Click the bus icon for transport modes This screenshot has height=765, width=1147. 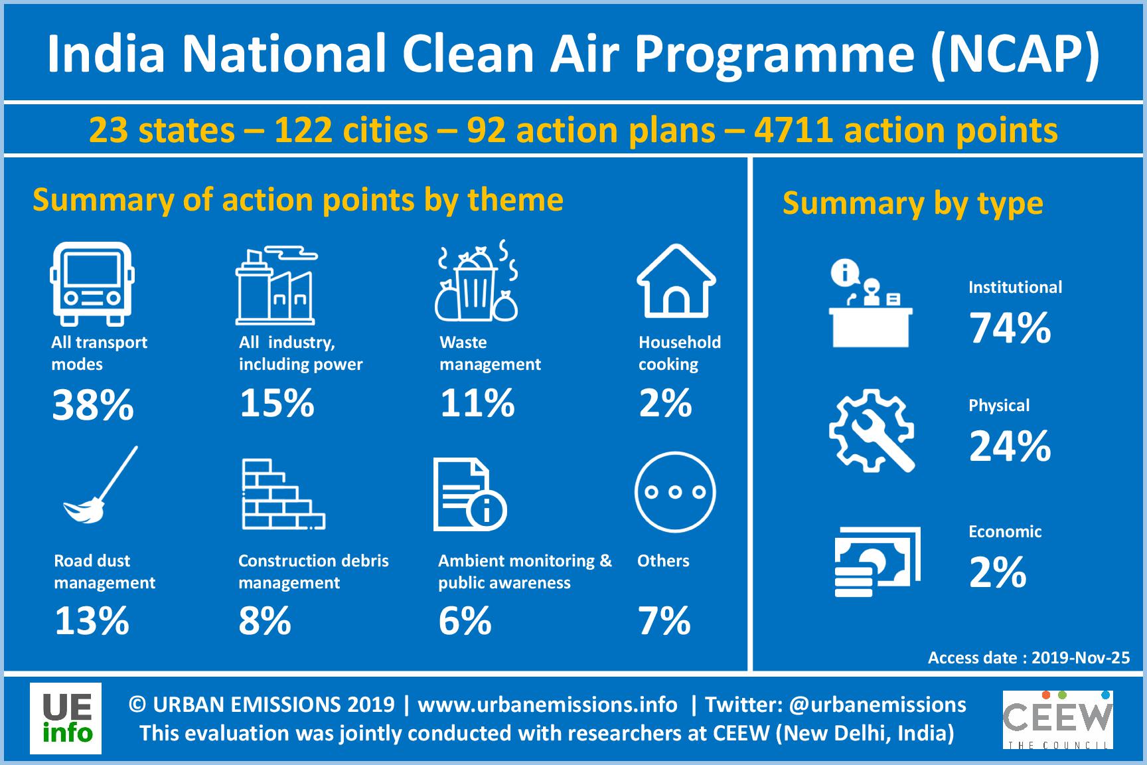pos(92,284)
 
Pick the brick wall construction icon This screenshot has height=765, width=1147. pos(283,494)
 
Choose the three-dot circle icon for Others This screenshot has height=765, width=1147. pos(675,492)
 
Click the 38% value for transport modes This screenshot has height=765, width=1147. pos(93,405)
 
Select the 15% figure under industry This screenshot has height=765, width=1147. pos(277,403)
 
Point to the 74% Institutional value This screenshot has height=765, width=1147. pos(1010,328)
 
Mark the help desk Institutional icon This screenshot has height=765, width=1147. pos(871,303)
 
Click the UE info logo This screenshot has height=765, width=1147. pos(66,719)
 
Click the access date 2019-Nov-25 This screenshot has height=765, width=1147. pos(1081,657)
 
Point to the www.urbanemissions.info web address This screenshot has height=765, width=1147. pos(548,704)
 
